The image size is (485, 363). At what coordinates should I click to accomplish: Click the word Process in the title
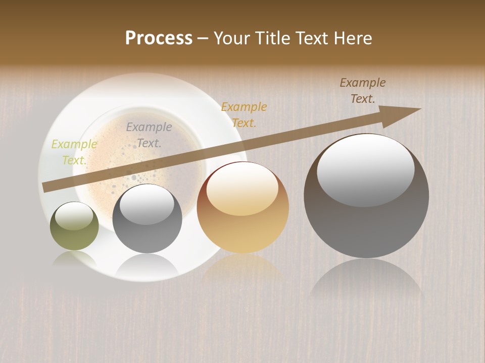pyautogui.click(x=159, y=38)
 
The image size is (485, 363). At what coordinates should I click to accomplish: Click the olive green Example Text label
pyautogui.click(x=74, y=152)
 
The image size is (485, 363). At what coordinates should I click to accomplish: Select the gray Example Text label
pyautogui.click(x=149, y=135)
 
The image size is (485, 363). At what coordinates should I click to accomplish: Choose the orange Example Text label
pyautogui.click(x=244, y=114)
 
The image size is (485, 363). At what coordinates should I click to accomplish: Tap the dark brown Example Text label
pyautogui.click(x=363, y=91)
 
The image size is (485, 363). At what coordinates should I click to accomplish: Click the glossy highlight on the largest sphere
pyautogui.click(x=365, y=169)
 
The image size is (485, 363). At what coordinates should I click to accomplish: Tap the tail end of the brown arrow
pyautogui.click(x=46, y=188)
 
